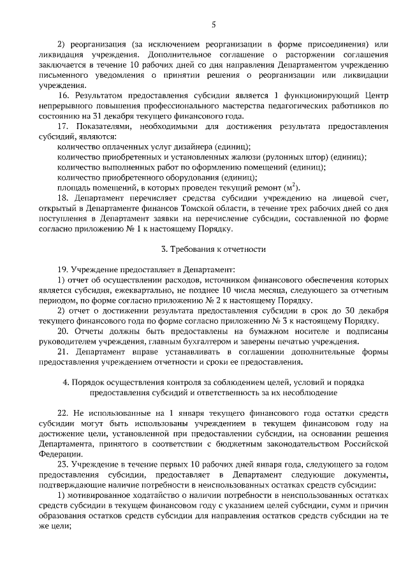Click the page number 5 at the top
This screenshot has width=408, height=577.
pyautogui.click(x=214, y=25)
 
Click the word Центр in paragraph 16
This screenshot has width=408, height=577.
pyautogui.click(x=374, y=96)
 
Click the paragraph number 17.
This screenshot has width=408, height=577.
pyautogui.click(x=62, y=126)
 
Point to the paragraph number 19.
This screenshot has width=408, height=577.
pyautogui.click(x=62, y=270)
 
